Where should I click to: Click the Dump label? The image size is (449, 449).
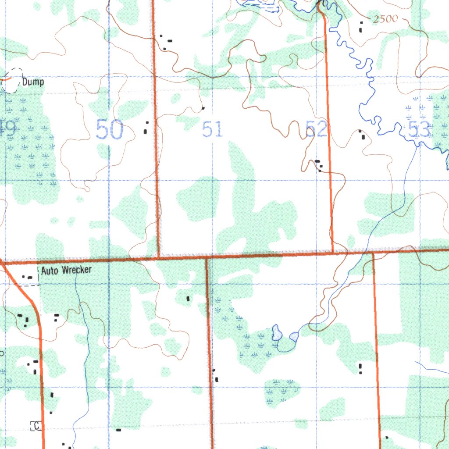[33, 82]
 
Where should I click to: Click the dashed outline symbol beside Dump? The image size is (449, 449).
[13, 80]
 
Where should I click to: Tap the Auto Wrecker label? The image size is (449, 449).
[66, 270]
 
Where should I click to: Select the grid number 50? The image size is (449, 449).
[110, 130]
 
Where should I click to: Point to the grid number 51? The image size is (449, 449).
[213, 130]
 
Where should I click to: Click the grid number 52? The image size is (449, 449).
[317, 130]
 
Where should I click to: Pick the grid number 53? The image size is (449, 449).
[419, 130]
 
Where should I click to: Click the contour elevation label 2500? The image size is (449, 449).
[385, 19]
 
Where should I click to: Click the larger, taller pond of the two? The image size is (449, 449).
[277, 333]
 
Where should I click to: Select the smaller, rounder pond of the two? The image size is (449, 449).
[294, 337]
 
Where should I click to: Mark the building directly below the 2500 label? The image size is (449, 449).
[361, 29]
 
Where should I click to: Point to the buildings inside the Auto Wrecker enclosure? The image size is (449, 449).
[29, 278]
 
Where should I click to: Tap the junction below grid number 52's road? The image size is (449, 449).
[332, 253]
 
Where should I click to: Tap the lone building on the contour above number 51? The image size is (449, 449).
[203, 107]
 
